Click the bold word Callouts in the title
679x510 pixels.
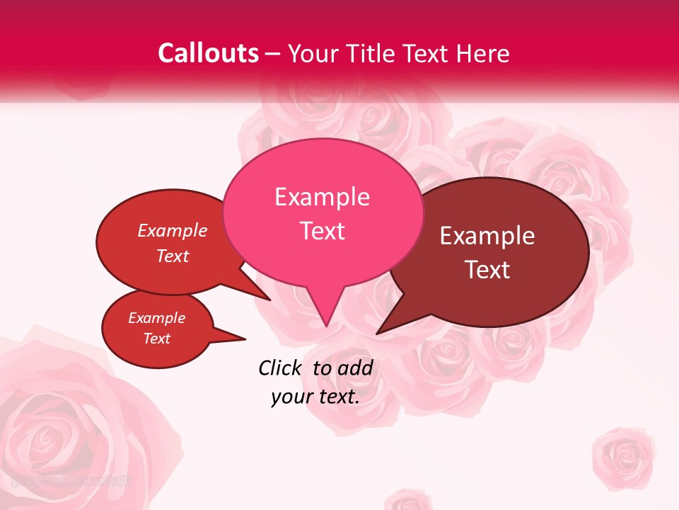click(208, 53)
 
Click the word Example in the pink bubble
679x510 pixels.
click(322, 197)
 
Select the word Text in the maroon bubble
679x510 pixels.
click(488, 270)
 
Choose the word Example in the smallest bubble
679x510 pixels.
click(156, 318)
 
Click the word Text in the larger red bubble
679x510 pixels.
click(173, 256)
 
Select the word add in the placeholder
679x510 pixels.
click(355, 368)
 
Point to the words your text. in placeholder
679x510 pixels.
click(315, 397)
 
